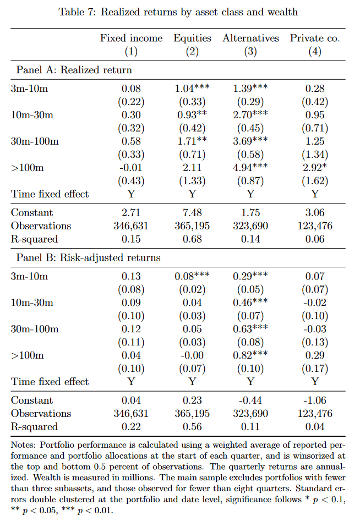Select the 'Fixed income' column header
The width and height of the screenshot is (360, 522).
pos(131,38)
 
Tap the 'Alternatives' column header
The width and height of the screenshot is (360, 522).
pos(250,38)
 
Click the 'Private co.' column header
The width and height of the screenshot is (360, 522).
pos(315,38)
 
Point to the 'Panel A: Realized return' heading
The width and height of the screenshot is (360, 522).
pos(74,70)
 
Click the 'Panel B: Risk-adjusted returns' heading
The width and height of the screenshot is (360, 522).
pos(89,258)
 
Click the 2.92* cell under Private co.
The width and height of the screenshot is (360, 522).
pos(315,168)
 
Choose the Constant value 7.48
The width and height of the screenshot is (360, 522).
pos(192,213)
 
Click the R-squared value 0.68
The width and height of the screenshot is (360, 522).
pos(192,239)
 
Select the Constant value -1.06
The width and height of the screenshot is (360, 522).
pos(315,400)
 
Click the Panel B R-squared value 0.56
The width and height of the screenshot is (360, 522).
pos(192,427)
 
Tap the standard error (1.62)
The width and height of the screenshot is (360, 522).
pos(315,181)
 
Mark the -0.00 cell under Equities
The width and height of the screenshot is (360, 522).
pos(192,355)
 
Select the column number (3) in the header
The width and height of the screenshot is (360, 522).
pos(250,51)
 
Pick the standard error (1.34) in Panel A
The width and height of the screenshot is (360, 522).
pos(315,155)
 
